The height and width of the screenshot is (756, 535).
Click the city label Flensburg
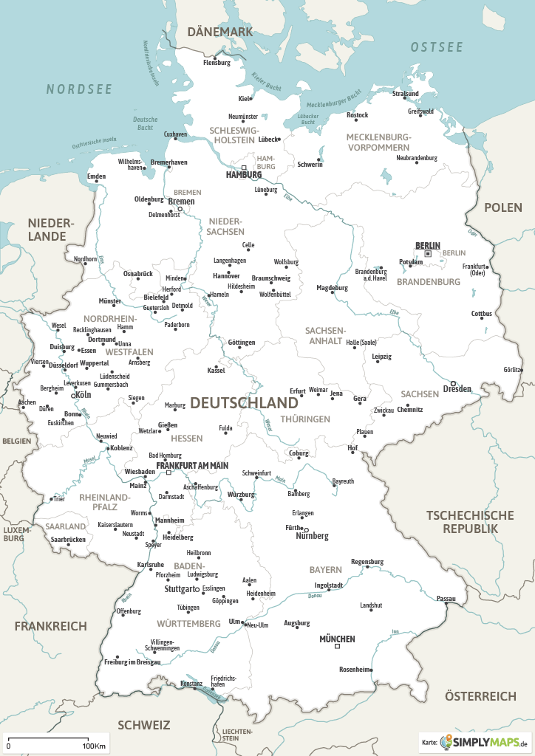[x=217, y=63]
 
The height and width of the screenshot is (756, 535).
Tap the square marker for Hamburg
[x=245, y=168]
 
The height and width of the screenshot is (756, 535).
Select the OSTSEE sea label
[x=437, y=47]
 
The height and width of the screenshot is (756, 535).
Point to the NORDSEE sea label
[x=79, y=89]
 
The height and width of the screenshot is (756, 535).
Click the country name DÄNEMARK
[x=220, y=32]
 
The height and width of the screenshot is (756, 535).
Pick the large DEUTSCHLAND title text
[x=244, y=403]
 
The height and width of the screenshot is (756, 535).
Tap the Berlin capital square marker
[x=428, y=254]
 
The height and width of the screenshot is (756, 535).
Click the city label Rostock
[x=357, y=115]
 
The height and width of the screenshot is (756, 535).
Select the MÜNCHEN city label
[x=337, y=639]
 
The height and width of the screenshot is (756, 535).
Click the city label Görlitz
[x=512, y=369]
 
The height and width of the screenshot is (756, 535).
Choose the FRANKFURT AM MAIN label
[x=191, y=466]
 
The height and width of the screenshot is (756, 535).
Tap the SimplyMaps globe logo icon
[x=448, y=742]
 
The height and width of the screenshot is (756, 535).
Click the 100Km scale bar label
[x=93, y=746]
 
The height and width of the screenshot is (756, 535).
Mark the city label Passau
[x=446, y=598]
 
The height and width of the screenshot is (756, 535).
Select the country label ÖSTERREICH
[x=480, y=696]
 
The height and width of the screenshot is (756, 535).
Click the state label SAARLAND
[x=66, y=526]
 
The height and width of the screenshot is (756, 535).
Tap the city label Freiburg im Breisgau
[x=132, y=661]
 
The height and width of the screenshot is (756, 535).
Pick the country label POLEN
[x=502, y=207]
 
